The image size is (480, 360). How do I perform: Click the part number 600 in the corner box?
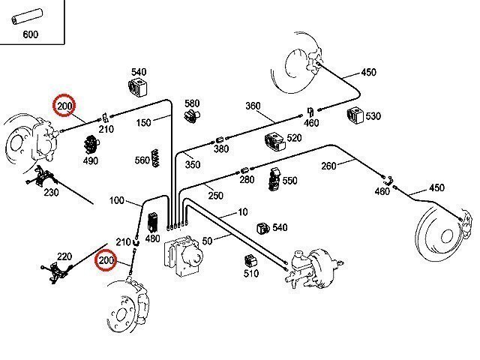(31, 34)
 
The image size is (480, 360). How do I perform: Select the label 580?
(192, 103)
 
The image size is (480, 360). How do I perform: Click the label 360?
(253, 106)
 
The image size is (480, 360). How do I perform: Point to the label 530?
(373, 116)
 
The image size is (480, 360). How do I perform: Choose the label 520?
(294, 138)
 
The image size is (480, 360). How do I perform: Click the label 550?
(290, 181)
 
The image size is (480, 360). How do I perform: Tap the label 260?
(329, 166)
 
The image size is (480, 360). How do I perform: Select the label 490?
(90, 160)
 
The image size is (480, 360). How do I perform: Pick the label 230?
(51, 192)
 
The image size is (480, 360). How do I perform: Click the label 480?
(153, 239)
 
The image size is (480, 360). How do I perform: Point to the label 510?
(250, 274)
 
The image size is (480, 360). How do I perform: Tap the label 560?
(142, 160)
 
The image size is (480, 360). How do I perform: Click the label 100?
(117, 200)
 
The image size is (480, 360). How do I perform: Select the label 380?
(220, 149)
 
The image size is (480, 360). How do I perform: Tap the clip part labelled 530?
(353, 116)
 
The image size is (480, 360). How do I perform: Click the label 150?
(143, 121)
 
